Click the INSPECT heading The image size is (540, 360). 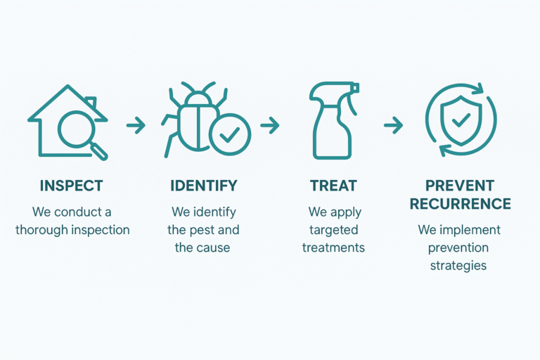pyautogui.click(x=71, y=186)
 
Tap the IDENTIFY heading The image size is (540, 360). pyautogui.click(x=204, y=186)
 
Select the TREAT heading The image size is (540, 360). pyautogui.click(x=333, y=186)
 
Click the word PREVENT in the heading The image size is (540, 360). pyautogui.click(x=460, y=186)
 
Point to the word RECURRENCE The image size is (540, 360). pyautogui.click(x=460, y=204)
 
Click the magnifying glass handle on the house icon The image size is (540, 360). pyautogui.click(x=100, y=152)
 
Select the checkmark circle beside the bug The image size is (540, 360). pyautogui.click(x=230, y=135)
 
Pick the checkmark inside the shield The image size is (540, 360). pyautogui.click(x=461, y=120)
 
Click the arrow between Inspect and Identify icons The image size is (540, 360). pyautogui.click(x=136, y=125)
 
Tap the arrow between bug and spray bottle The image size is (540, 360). pyautogui.click(x=270, y=125)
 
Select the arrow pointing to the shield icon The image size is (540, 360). pyautogui.click(x=393, y=125)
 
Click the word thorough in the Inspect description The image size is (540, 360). pyautogui.click(x=41, y=230)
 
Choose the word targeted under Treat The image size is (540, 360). pyautogui.click(x=334, y=230)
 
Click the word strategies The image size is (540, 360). pyautogui.click(x=458, y=266)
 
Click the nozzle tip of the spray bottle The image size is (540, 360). pyautogui.click(x=356, y=88)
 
